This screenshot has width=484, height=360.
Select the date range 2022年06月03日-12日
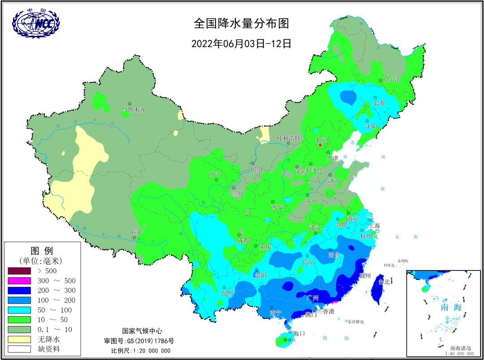click(241, 44)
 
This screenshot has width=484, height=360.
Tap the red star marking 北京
click(320, 145)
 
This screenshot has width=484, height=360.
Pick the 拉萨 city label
click(137, 232)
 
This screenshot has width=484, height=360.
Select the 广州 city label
click(312, 297)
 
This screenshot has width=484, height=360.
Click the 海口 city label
click(299, 333)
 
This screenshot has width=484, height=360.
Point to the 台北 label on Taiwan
click(384, 282)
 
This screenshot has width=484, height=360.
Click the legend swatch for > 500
click(19, 271)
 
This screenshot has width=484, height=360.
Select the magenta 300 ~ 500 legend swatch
click(19, 281)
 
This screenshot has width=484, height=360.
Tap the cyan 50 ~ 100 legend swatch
click(19, 310)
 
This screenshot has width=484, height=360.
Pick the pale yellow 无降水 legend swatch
click(19, 339)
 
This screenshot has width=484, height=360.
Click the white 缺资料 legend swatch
click(19, 349)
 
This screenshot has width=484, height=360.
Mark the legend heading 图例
click(42, 250)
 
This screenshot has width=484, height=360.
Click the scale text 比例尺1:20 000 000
click(141, 350)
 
